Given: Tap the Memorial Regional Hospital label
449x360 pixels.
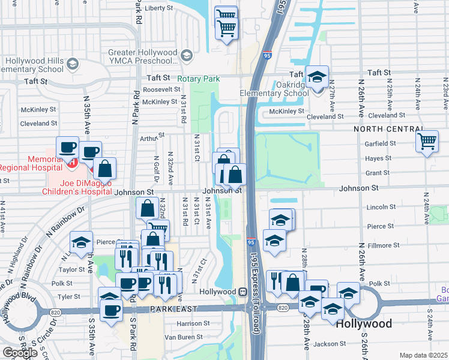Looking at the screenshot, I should point(30,167).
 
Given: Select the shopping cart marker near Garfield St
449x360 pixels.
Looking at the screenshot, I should point(427,142).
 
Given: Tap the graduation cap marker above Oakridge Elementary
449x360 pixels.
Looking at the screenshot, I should point(316,77).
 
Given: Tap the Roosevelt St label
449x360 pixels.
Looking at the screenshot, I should point(161,89).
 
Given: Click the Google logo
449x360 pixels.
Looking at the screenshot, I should point(20,352).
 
